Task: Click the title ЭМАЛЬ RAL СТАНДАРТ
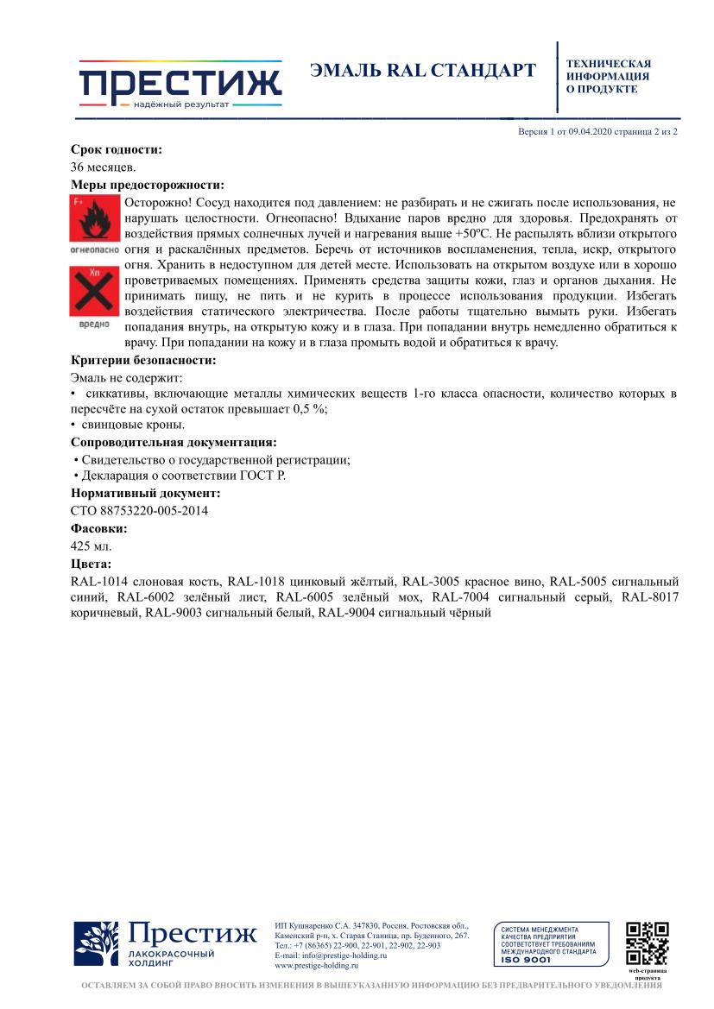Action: pos(422,71)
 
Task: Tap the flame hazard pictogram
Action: pos(93,219)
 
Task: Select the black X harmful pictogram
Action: pos(93,290)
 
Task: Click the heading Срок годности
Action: pos(116,150)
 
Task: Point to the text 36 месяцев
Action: pos(103,167)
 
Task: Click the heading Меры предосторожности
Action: pos(147,185)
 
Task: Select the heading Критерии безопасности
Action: pos(142,361)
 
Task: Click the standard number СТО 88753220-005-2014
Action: pos(138,510)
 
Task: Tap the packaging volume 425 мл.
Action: pos(91,545)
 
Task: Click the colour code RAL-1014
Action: pos(98,581)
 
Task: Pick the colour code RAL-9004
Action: pos(346,613)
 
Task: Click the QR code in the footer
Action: pos(647,944)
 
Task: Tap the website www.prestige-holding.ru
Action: pos(316,966)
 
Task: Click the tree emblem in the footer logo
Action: pos(96,944)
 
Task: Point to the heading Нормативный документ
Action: pos(145,493)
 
